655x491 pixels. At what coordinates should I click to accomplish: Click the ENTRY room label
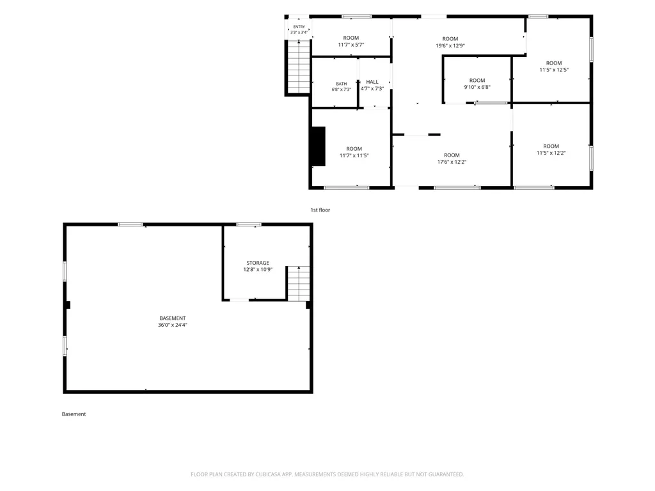tap(299, 27)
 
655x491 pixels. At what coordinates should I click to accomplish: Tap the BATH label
tap(342, 84)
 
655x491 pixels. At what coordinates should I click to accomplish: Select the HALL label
tap(372, 82)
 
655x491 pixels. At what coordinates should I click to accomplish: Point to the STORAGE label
tap(258, 263)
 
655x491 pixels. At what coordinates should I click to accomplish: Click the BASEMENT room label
tap(173, 318)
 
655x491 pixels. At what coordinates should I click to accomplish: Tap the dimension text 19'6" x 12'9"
tap(450, 46)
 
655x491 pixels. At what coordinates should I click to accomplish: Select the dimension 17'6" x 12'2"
tap(452, 162)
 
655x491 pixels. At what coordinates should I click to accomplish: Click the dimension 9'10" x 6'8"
tap(477, 87)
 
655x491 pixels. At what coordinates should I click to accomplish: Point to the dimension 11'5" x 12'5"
tap(554, 70)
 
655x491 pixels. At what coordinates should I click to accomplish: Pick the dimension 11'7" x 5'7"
tap(351, 45)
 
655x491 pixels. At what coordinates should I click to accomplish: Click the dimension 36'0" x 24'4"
tap(173, 325)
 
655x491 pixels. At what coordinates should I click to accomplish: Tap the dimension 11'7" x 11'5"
tap(354, 156)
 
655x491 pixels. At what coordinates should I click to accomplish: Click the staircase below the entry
tap(299, 66)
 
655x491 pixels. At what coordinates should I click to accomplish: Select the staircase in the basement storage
tap(298, 283)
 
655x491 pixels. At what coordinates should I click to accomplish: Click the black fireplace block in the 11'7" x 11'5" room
tap(319, 146)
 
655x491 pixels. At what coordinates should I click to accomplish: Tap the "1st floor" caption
tap(320, 210)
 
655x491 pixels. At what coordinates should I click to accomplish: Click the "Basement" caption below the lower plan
tap(74, 414)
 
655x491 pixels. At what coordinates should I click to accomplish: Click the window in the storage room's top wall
tap(249, 224)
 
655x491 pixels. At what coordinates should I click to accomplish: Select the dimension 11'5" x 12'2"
tap(551, 153)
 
